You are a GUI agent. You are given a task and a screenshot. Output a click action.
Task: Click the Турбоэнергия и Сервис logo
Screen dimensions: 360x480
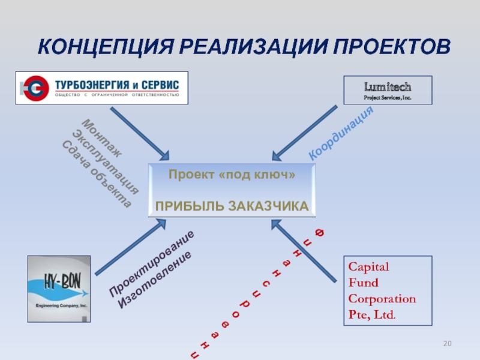(101, 88)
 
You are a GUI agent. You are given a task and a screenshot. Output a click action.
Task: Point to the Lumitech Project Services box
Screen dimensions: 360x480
(388, 90)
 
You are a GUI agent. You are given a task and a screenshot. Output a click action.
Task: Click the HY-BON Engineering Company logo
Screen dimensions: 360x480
(59, 288)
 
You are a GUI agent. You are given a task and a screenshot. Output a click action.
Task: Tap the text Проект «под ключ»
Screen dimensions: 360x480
(232, 175)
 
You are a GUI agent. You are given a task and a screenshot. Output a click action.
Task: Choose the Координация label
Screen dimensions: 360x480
(341, 133)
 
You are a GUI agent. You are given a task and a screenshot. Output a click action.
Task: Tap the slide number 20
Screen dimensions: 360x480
(447, 343)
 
